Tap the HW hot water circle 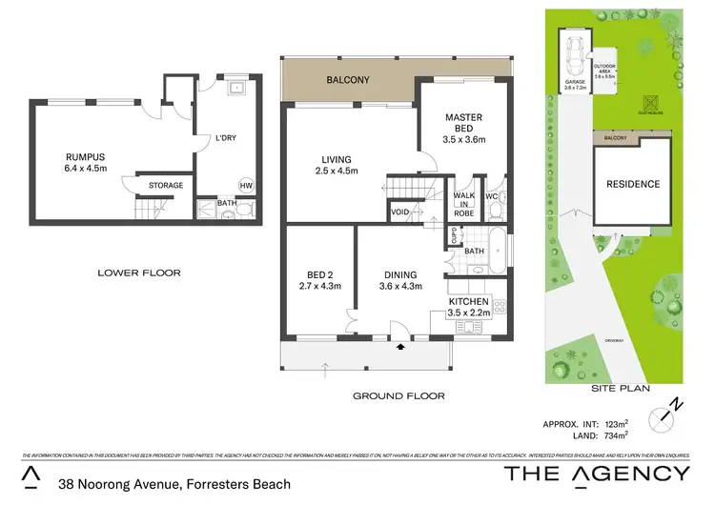(x=246, y=185)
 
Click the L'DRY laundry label (x=226, y=138)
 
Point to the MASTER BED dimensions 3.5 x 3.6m (x=464, y=139)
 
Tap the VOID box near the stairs (x=400, y=212)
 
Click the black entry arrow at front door (x=399, y=349)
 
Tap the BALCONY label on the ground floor (x=347, y=82)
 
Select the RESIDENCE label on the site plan (x=634, y=184)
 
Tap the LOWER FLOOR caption (x=139, y=273)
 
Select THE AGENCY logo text (x=596, y=474)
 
